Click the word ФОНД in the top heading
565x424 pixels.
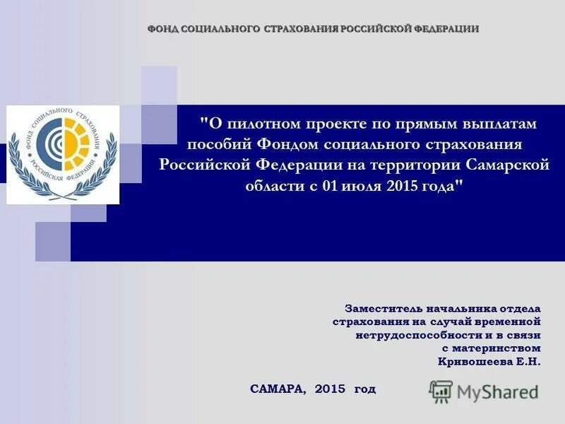coord(162,29)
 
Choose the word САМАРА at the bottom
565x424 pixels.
coord(278,389)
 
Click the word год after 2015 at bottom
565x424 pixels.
coord(365,389)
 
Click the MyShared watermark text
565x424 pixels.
coord(497,391)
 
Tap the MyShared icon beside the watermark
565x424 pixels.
coord(441,391)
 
